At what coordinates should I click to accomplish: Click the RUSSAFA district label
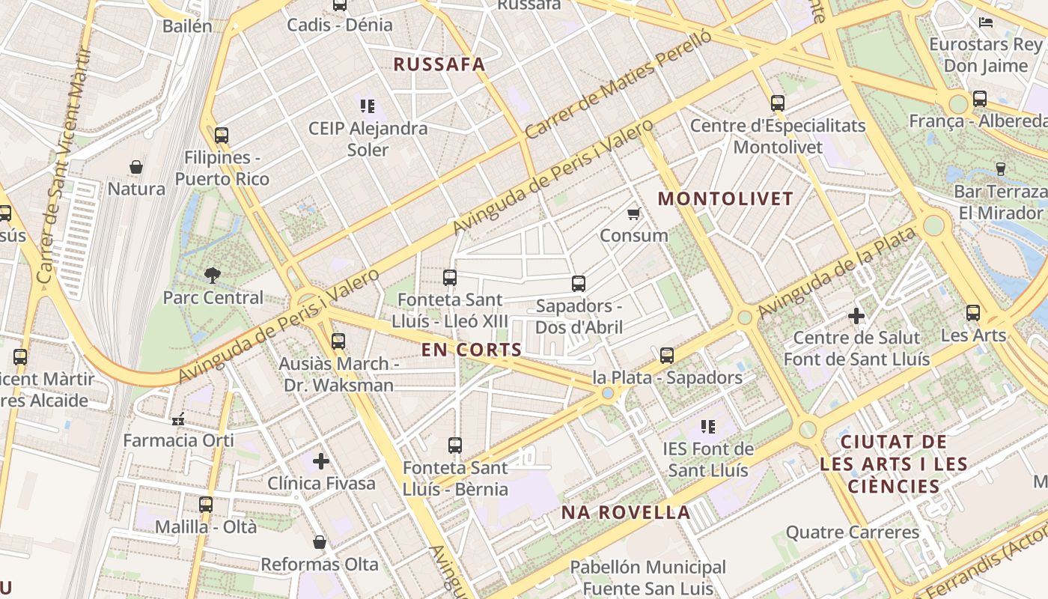coord(439,64)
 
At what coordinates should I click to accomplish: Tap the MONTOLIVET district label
coord(725,198)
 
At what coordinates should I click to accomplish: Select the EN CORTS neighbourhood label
coord(471,350)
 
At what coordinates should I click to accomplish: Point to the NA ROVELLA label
coord(626,513)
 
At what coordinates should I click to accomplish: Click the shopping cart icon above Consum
coord(634,214)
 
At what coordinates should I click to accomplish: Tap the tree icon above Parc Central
coord(213,275)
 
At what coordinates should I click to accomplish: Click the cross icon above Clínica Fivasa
coord(321,461)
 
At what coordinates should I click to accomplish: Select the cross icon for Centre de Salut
coord(856,316)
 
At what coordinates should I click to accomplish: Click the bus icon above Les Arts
coord(972,313)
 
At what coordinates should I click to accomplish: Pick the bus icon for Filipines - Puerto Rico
coord(221,136)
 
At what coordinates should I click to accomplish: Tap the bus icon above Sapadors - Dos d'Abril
coord(578,284)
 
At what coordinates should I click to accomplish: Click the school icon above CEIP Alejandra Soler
coord(367,106)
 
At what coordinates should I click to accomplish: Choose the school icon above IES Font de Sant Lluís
coord(707,427)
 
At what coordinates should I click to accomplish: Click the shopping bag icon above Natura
coord(136,166)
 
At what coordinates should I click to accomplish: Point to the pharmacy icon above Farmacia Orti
coord(178,419)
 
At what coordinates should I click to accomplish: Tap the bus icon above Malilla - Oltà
coord(206,505)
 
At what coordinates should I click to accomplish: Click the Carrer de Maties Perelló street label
coord(618,88)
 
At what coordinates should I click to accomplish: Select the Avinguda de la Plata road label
coord(836,273)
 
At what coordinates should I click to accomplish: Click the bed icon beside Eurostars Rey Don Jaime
coord(986,22)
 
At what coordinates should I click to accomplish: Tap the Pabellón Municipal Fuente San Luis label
coord(648,577)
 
